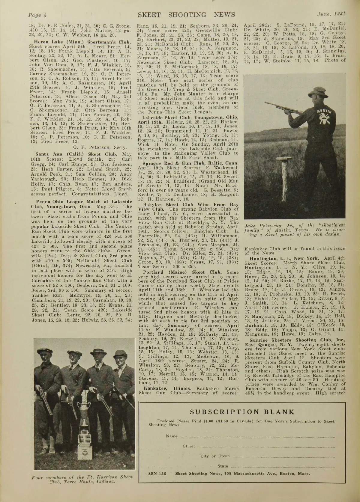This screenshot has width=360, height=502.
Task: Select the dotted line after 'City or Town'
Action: point(283,456)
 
